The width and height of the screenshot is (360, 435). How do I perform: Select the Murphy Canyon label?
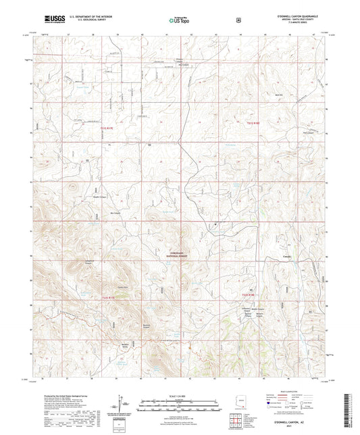[x=82, y=199]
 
